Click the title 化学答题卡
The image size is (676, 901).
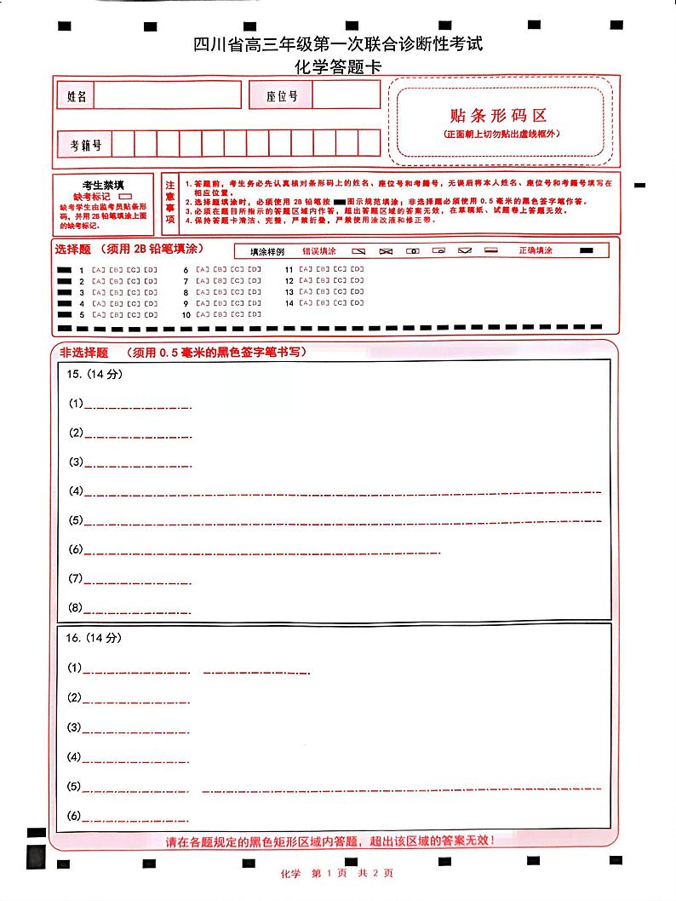point(338,67)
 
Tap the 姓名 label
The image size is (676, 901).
point(77,96)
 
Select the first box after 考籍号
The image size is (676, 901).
point(122,143)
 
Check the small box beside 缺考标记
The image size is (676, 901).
point(135,196)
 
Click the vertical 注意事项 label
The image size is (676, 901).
point(170,201)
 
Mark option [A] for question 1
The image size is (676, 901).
point(98,270)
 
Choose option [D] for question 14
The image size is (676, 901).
point(358,303)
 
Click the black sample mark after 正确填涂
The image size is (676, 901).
point(587,251)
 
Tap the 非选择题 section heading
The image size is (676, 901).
point(83,352)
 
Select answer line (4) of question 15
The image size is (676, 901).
point(341,493)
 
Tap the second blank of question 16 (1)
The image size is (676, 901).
point(256,671)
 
